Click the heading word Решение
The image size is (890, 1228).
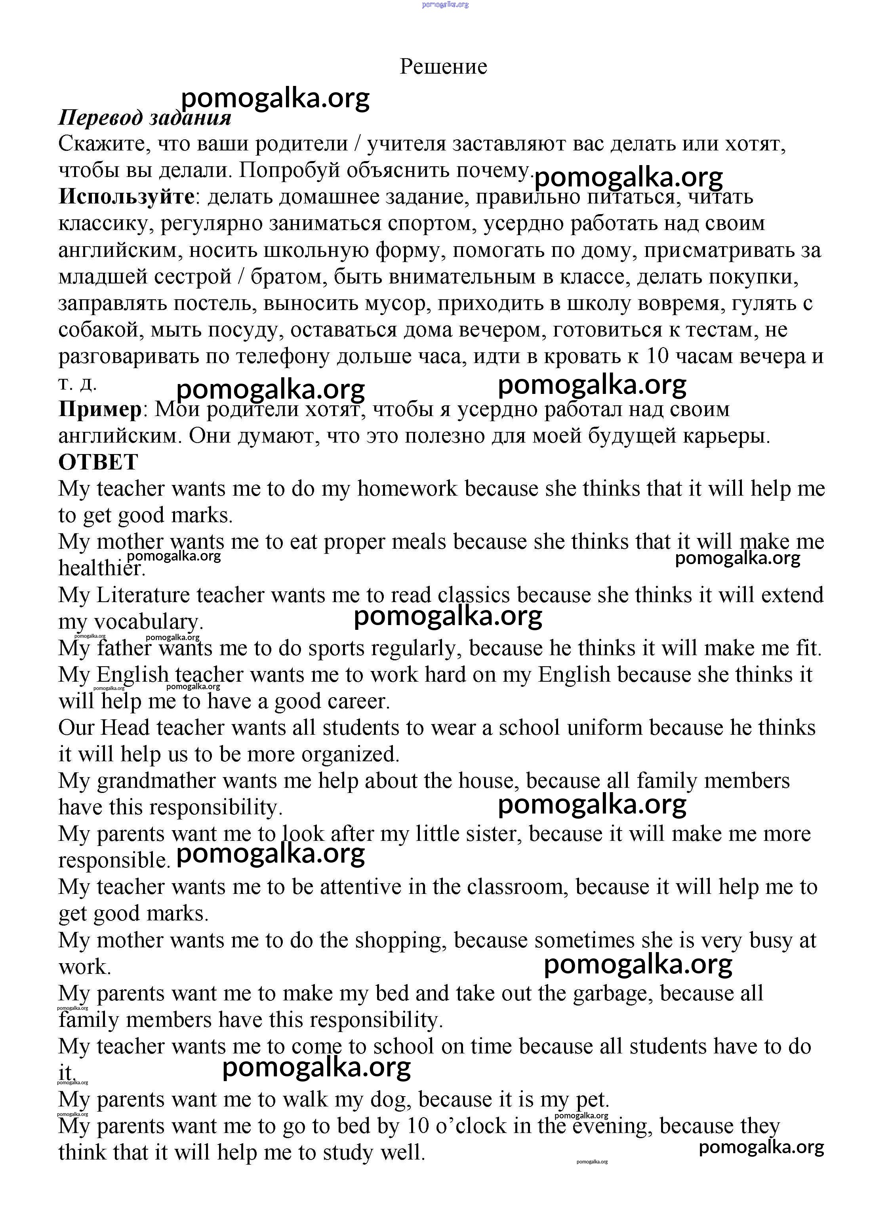(443, 67)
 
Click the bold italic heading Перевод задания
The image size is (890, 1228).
(145, 118)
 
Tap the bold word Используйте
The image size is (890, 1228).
(126, 196)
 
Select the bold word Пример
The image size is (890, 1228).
(100, 409)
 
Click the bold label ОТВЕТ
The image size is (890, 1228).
(98, 462)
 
